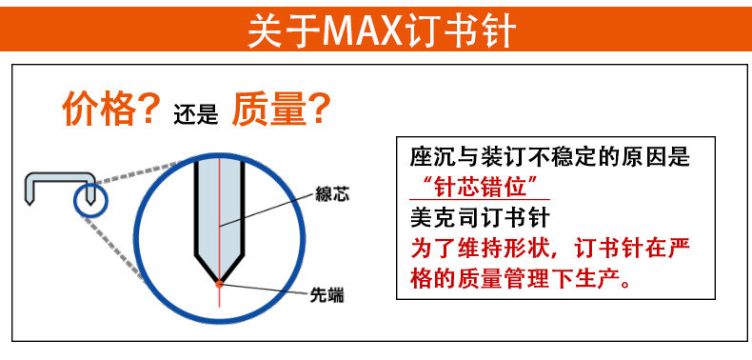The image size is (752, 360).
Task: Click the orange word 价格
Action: (99, 109)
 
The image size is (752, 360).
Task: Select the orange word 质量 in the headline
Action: (269, 109)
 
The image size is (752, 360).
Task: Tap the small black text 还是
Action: (196, 115)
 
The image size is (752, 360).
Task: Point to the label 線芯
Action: (332, 194)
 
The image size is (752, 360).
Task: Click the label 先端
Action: (327, 294)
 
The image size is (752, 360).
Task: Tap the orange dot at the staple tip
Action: (219, 284)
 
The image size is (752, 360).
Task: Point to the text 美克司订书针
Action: (480, 219)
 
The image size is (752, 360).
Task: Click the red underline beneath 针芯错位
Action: (480, 200)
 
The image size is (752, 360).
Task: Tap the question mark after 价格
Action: (148, 109)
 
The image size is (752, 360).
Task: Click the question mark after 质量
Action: (319, 109)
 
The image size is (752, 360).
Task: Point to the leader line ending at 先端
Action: (266, 289)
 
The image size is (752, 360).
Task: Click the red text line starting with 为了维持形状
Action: (550, 250)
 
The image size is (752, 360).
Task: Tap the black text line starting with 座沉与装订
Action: (549, 156)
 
